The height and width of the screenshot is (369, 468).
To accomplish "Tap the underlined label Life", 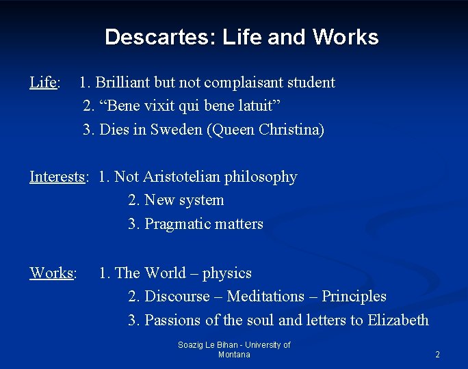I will tap(42, 83).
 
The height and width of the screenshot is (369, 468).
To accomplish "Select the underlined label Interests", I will tap(57, 177).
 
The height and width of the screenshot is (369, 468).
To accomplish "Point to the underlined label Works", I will tap(51, 273).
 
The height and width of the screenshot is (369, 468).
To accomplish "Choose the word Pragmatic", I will tap(170, 224).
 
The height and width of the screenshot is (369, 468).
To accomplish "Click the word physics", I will tap(227, 273).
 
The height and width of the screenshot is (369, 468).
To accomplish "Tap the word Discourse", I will tap(177, 297).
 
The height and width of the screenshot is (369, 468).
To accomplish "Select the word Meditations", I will tap(265, 297).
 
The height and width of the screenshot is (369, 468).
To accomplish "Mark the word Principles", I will tap(354, 297).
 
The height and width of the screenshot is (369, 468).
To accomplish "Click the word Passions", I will tap(172, 320).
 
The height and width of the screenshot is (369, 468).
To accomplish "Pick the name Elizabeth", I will tap(398, 320).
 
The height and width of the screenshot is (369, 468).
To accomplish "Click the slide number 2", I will tap(437, 355).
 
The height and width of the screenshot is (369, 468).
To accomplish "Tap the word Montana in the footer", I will tap(234, 355).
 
